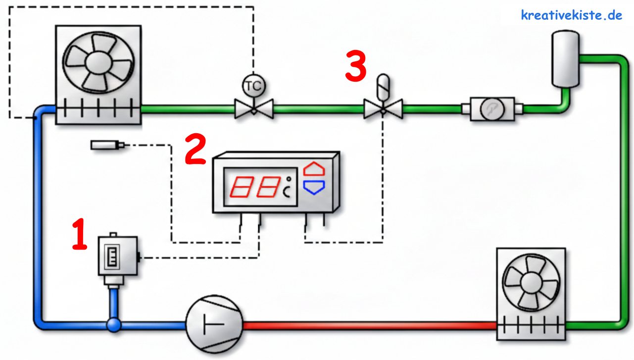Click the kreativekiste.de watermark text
(x=571, y=15)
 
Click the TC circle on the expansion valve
(x=253, y=86)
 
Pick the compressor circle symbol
(x=215, y=325)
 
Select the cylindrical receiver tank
(x=565, y=58)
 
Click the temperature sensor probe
(x=106, y=145)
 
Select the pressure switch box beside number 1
(x=117, y=255)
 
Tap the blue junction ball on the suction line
(x=114, y=325)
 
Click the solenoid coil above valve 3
(x=383, y=87)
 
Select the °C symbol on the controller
(x=288, y=189)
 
